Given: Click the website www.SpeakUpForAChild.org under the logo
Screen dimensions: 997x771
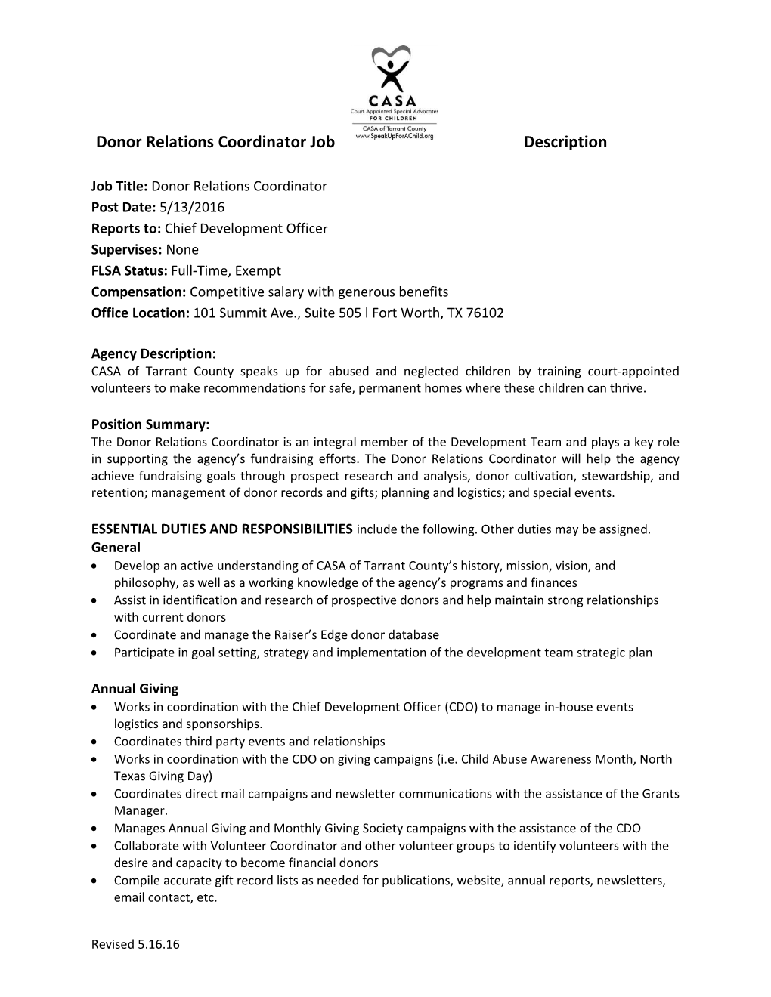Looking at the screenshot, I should [x=394, y=136].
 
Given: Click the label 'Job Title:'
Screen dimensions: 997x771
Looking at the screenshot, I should [x=120, y=186].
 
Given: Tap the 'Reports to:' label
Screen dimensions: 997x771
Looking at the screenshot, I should [x=126, y=228].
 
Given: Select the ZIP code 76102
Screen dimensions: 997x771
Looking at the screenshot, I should [x=485, y=313].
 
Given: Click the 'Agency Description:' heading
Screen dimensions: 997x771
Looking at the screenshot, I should [x=153, y=353].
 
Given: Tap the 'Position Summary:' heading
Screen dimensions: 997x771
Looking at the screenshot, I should [x=150, y=424].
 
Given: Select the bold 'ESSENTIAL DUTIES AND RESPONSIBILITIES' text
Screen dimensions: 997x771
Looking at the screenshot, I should [x=221, y=529].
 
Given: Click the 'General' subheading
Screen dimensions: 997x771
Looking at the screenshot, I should [x=116, y=547].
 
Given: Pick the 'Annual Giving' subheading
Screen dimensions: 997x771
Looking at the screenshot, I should [x=135, y=688].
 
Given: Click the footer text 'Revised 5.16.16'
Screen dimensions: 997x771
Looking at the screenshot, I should [x=135, y=944].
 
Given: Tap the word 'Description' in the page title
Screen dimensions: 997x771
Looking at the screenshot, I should [x=565, y=142].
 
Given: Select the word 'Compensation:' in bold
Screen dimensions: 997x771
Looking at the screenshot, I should [x=138, y=292].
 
